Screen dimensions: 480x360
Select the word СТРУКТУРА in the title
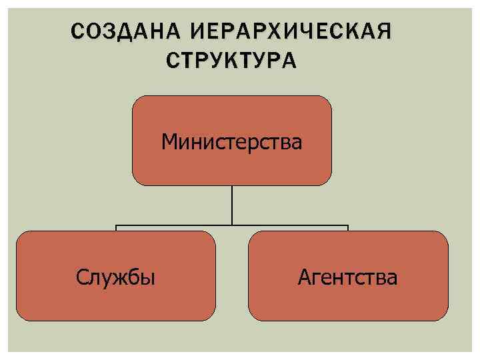(231, 60)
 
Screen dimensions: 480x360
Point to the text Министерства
(231, 141)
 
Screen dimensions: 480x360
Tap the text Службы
(116, 276)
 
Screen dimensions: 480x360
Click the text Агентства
(347, 276)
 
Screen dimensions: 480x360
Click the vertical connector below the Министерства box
(232, 203)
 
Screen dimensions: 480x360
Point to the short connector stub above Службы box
(116, 229)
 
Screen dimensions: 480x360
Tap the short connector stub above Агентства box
(347, 229)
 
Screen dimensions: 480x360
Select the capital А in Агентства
(305, 276)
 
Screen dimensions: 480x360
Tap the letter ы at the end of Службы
(149, 277)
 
